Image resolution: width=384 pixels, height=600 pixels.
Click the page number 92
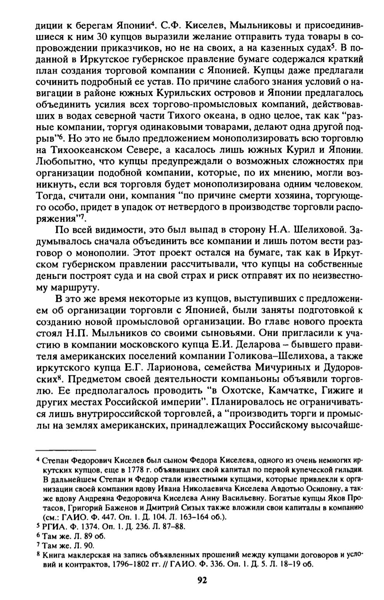point(201,580)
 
